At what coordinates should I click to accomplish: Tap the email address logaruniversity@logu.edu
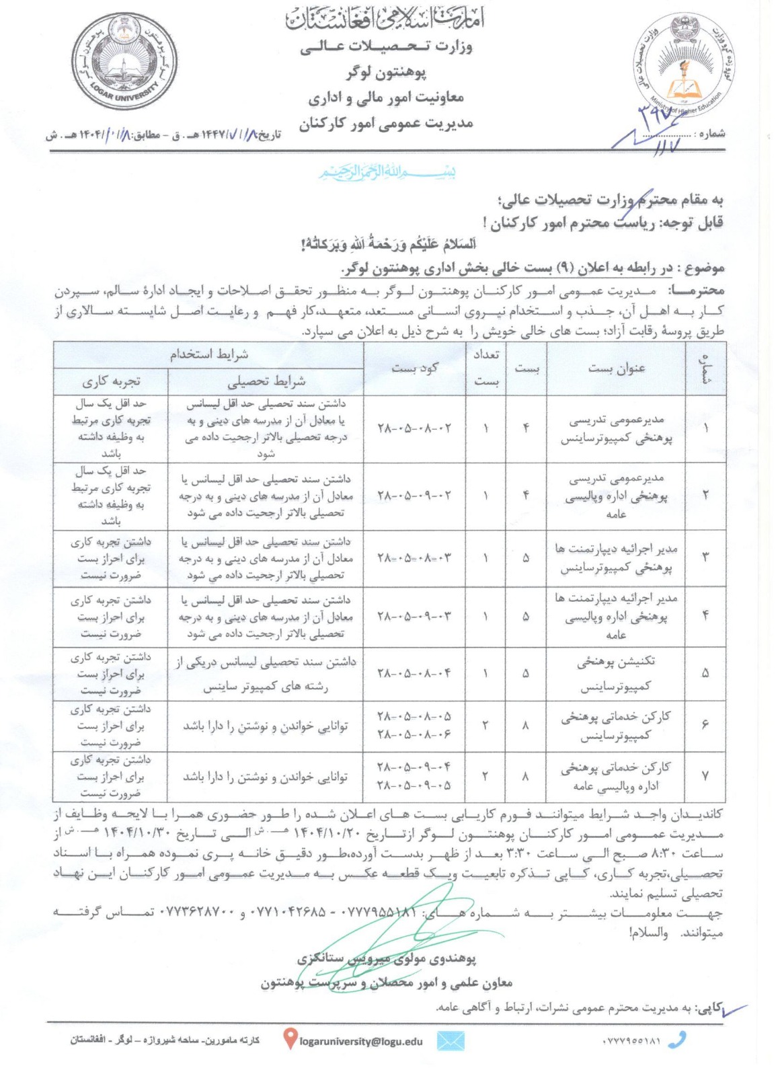(361, 1041)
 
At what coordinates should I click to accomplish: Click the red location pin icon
(290, 1040)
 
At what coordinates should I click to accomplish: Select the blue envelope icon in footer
(451, 1041)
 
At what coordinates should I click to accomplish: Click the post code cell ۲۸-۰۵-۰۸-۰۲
(415, 428)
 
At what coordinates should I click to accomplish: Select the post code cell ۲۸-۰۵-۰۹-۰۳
(415, 616)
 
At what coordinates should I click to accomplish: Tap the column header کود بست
(415, 367)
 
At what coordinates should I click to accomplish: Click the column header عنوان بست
(617, 367)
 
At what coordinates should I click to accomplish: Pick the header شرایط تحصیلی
(266, 382)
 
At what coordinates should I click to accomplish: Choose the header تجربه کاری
(111, 382)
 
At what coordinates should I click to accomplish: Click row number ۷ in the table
(705, 776)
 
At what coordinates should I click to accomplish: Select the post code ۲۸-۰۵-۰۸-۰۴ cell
(415, 673)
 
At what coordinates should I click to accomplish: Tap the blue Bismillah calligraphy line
(387, 172)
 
